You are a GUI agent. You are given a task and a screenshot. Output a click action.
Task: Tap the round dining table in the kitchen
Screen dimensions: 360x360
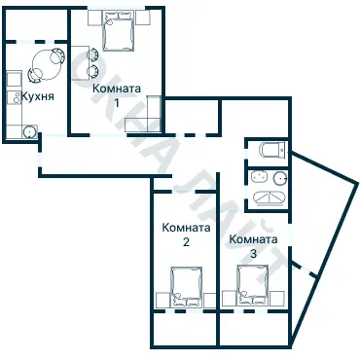(x=41, y=66)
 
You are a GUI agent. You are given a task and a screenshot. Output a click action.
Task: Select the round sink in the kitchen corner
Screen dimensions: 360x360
(x=30, y=130)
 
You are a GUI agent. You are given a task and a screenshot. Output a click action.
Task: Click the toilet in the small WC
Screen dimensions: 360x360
(x=271, y=149)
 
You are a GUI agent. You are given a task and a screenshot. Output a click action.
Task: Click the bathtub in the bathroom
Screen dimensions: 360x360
(x=270, y=198)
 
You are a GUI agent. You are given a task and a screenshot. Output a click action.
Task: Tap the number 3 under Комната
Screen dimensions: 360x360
(x=254, y=253)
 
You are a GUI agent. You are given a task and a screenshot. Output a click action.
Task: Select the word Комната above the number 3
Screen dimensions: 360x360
(x=254, y=238)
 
